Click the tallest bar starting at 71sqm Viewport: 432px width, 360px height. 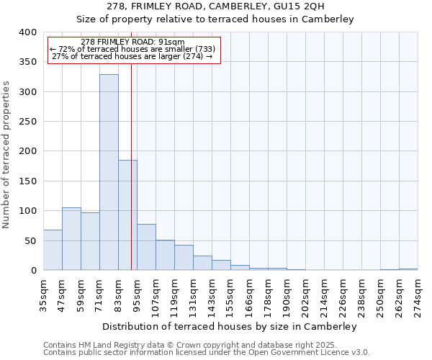coord(109,173)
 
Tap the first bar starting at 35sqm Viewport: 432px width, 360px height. coord(53,250)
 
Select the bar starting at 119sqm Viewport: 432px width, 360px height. coord(184,258)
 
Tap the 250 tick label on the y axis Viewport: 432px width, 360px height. coord(27,122)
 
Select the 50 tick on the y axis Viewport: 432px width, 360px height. coord(30,240)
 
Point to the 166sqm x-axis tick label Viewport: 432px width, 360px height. coord(250,294)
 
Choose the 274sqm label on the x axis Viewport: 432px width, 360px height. coord(418,294)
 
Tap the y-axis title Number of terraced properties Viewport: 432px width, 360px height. coord(6,154)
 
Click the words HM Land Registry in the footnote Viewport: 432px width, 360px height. coord(102,345)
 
